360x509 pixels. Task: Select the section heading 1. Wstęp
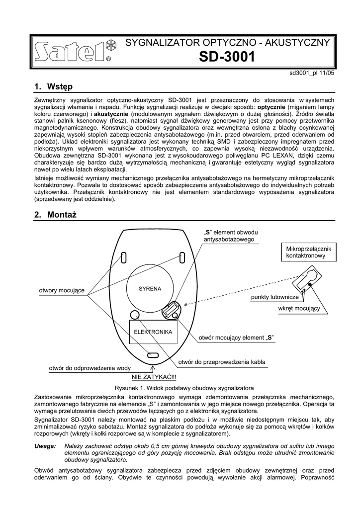pyautogui.click(x=53, y=86)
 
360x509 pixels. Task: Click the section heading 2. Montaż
pyautogui.click(x=56, y=215)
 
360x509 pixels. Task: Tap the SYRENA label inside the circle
pyautogui.click(x=150, y=289)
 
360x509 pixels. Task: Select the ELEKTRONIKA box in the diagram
pyautogui.click(x=153, y=332)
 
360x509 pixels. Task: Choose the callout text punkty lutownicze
pyautogui.click(x=274, y=297)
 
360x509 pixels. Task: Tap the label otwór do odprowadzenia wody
pyautogui.click(x=90, y=368)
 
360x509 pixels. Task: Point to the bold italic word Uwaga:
pyautogui.click(x=45, y=447)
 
